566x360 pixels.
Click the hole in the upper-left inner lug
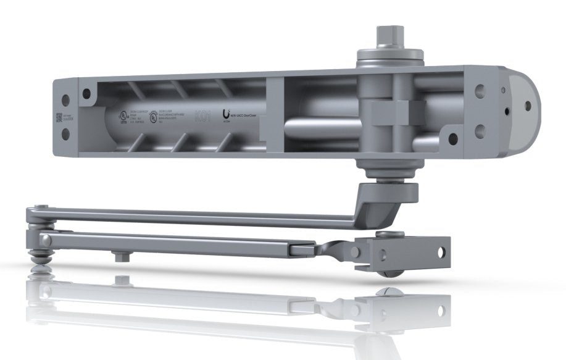click(x=86, y=94)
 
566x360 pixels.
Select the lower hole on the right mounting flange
click(x=479, y=130)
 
